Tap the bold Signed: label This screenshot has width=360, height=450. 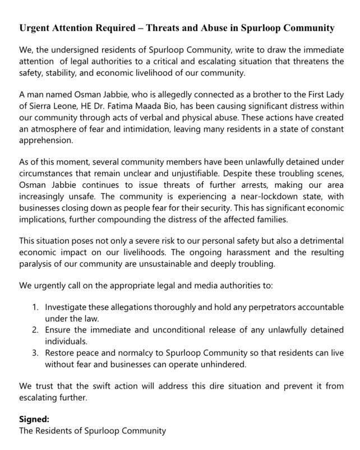[x=35, y=419]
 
